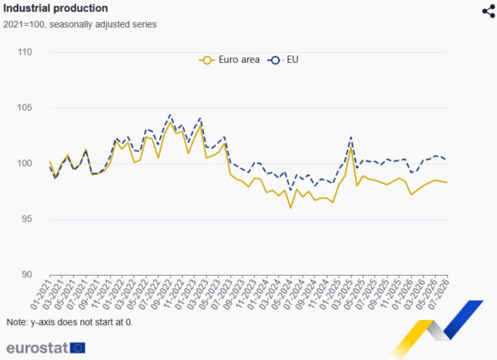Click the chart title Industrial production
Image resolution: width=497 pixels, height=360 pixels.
point(55,8)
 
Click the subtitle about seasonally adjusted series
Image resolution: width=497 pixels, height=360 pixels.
point(80,24)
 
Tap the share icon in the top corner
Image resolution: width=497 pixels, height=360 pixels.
point(489,12)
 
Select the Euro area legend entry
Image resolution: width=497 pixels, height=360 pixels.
point(229,60)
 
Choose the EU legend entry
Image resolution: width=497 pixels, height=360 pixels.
point(283,60)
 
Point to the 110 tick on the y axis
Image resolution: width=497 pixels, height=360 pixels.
point(25,52)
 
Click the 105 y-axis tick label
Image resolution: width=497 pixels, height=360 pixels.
point(25,108)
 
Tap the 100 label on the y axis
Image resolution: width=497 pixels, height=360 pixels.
point(25,163)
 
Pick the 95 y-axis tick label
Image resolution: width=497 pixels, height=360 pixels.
point(27,218)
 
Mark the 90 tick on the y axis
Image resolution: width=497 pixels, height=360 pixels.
point(27,274)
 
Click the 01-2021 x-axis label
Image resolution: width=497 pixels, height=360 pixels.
point(41,294)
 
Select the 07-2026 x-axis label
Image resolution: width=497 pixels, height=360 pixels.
point(438,294)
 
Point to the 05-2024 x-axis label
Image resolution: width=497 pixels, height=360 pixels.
point(282,294)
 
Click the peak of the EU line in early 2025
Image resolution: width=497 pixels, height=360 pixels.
point(351,137)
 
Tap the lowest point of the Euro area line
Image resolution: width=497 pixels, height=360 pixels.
point(291,208)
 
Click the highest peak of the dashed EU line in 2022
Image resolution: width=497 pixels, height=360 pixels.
point(170,115)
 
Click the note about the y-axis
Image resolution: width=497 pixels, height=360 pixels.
point(70,322)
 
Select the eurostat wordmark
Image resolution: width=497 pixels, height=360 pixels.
point(37,348)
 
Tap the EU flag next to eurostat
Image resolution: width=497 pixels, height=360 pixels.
point(77,348)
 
